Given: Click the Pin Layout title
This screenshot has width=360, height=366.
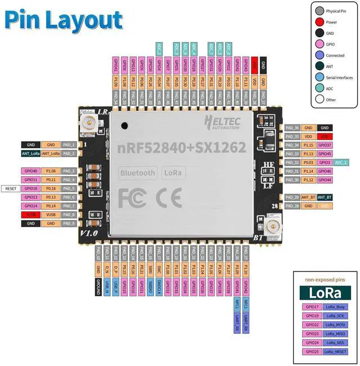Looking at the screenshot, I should tap(63, 20).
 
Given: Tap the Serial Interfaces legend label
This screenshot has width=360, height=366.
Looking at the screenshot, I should tap(339, 78).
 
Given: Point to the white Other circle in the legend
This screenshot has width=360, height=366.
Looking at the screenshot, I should tap(319, 100).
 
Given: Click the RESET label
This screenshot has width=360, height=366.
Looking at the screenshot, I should tap(11, 188).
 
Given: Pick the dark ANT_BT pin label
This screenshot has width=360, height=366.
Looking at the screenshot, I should tap(325, 197).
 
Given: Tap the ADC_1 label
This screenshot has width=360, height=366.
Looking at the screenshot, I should tap(341, 162).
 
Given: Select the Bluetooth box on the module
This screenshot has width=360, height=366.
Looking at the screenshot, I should tap(137, 173).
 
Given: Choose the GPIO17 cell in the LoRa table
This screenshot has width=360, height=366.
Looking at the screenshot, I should tap(313, 307).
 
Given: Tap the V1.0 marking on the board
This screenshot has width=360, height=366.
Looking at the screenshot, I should tap(89, 232).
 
